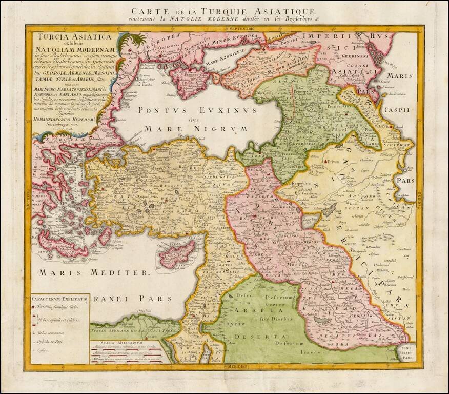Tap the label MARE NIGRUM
coord(189,129)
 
